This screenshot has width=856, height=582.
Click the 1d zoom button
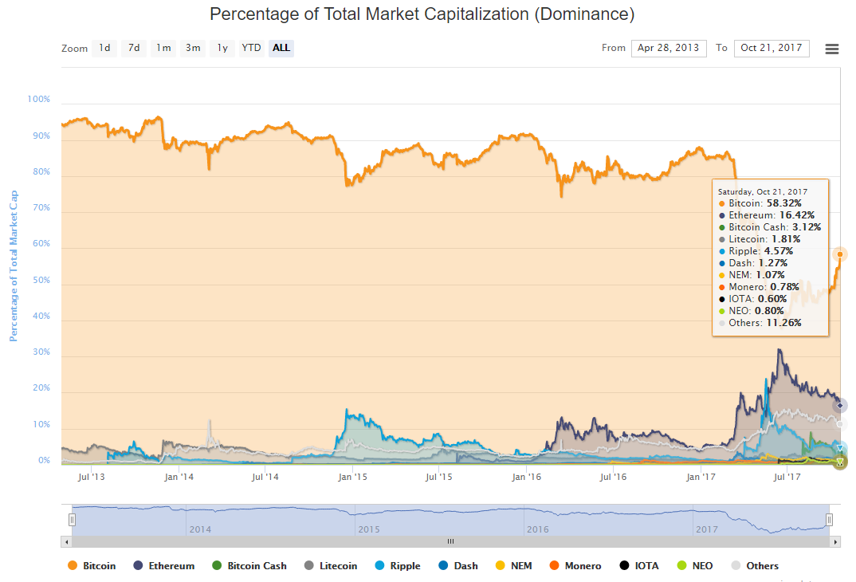(x=104, y=48)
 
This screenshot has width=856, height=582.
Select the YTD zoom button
(x=251, y=48)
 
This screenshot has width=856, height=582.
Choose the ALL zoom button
(x=281, y=48)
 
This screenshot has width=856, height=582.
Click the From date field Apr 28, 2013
(x=669, y=48)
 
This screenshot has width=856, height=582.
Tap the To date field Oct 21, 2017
(x=771, y=48)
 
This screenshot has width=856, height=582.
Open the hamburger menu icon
(x=831, y=49)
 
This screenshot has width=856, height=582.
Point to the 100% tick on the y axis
(x=38, y=100)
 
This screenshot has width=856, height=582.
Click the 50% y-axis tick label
(x=40, y=281)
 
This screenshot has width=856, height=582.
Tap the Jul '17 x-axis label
(x=787, y=477)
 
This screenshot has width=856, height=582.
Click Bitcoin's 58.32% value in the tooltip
(x=783, y=203)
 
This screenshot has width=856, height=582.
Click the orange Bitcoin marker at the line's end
(x=840, y=254)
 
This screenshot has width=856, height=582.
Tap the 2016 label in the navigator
(x=537, y=529)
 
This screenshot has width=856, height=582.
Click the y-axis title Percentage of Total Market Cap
(x=14, y=266)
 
